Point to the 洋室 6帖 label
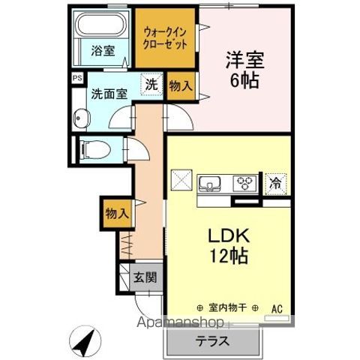pos(241,69)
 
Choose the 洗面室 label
pos(109,95)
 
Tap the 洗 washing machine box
pos(152,85)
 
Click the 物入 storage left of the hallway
pos(115,212)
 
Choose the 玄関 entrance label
pos(145,277)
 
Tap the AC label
pos(277,307)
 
